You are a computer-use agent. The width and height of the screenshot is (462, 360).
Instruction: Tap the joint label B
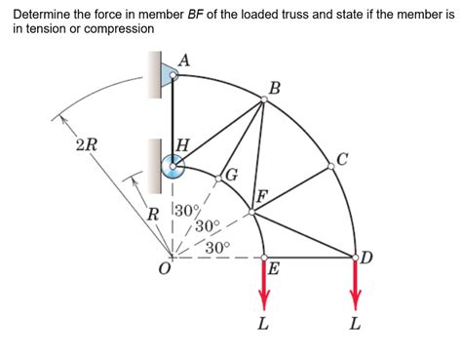tap(275, 89)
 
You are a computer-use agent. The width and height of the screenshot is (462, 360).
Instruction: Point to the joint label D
tap(366, 258)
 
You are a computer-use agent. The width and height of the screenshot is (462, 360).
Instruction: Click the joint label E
tap(274, 269)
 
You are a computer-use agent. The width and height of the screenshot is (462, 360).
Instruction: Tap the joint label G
tap(231, 176)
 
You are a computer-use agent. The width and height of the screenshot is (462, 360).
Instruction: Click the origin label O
tap(165, 270)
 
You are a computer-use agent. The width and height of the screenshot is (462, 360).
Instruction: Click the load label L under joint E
tap(263, 325)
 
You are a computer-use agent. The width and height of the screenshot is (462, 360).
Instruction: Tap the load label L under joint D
tap(355, 325)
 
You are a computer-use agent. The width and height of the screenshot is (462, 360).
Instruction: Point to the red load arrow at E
tap(263, 283)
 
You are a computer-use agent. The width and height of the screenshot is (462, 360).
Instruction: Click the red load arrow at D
tap(355, 283)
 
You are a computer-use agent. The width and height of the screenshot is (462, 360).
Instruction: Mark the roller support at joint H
tap(173, 167)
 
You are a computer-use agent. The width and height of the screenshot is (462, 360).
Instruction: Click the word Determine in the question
tap(44, 15)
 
